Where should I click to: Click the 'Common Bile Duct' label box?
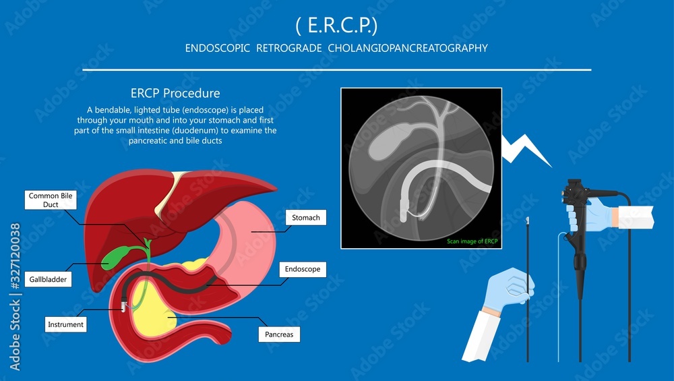coord(51,200)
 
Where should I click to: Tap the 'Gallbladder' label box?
coord(48,280)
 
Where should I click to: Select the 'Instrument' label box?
coord(66,324)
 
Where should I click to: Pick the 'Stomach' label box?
coord(305,218)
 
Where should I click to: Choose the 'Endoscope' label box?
coord(303,269)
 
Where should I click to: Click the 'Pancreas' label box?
coord(279,334)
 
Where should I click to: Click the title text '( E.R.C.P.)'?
coord(336,26)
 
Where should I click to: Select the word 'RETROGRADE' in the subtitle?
coord(289,48)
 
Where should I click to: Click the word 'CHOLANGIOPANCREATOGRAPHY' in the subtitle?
coord(408,48)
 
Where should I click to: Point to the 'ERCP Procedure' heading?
coord(175,93)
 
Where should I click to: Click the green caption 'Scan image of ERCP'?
coord(472,241)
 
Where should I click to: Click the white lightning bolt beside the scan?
coord(527,150)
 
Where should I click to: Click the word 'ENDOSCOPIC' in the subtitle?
coord(218,48)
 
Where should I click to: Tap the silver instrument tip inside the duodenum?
coord(124,307)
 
